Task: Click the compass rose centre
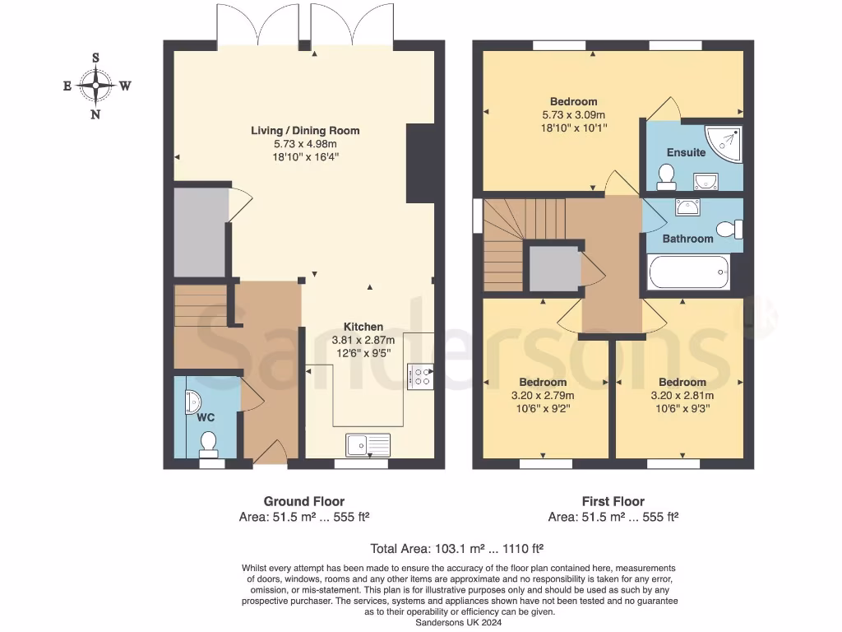click(96, 85)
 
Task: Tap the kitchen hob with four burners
click(421, 378)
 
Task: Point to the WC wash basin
click(192, 401)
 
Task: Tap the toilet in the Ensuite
click(666, 174)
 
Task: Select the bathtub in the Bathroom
click(688, 272)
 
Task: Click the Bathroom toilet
click(728, 230)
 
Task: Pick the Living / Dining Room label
click(305, 131)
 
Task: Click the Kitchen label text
click(363, 327)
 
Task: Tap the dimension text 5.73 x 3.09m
click(573, 115)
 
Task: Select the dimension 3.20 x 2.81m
click(682, 395)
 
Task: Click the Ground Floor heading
click(303, 501)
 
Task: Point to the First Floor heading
click(613, 501)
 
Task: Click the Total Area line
click(456, 547)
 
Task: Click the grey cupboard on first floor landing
click(554, 268)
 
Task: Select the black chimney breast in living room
click(420, 163)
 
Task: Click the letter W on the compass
click(125, 86)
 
